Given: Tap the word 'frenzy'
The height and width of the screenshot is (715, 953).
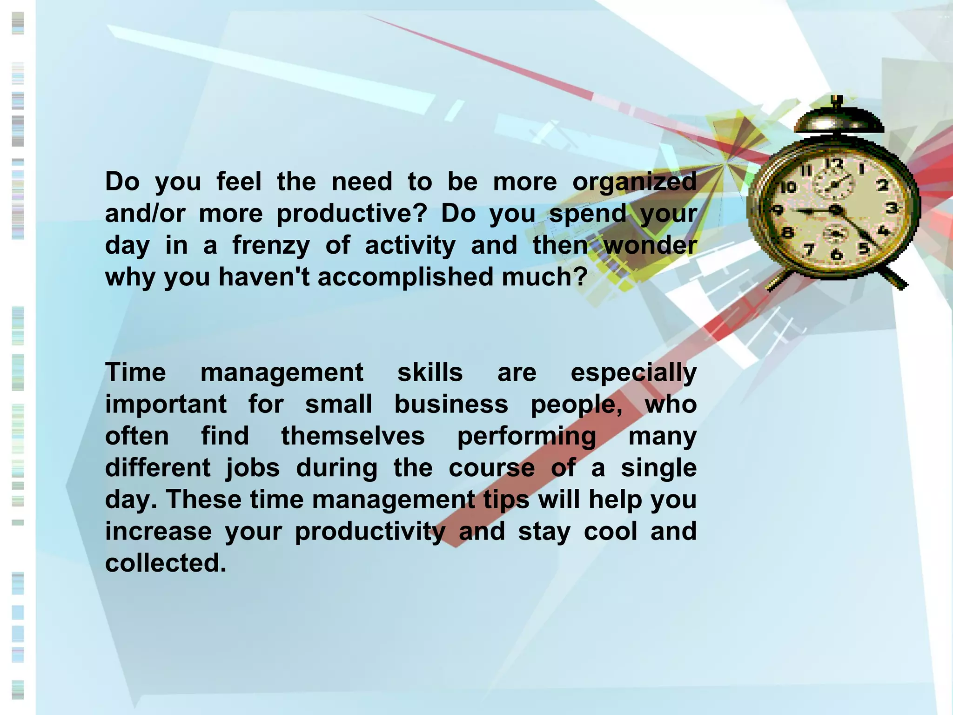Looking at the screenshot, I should click(271, 246).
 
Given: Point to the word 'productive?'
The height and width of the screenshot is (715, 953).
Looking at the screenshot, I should click(351, 214).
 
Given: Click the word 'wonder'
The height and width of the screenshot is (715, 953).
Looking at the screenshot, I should click(650, 245).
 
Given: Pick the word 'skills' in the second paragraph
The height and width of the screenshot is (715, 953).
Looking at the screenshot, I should click(430, 372).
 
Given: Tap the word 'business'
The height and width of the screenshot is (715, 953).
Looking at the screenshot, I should click(451, 404).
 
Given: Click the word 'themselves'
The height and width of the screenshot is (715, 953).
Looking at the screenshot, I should click(353, 436).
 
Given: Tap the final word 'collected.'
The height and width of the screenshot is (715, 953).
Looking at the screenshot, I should click(166, 563).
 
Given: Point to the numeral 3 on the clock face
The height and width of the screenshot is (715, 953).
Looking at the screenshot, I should click(891, 208).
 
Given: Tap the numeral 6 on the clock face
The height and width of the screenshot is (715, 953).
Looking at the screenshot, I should click(837, 254).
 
